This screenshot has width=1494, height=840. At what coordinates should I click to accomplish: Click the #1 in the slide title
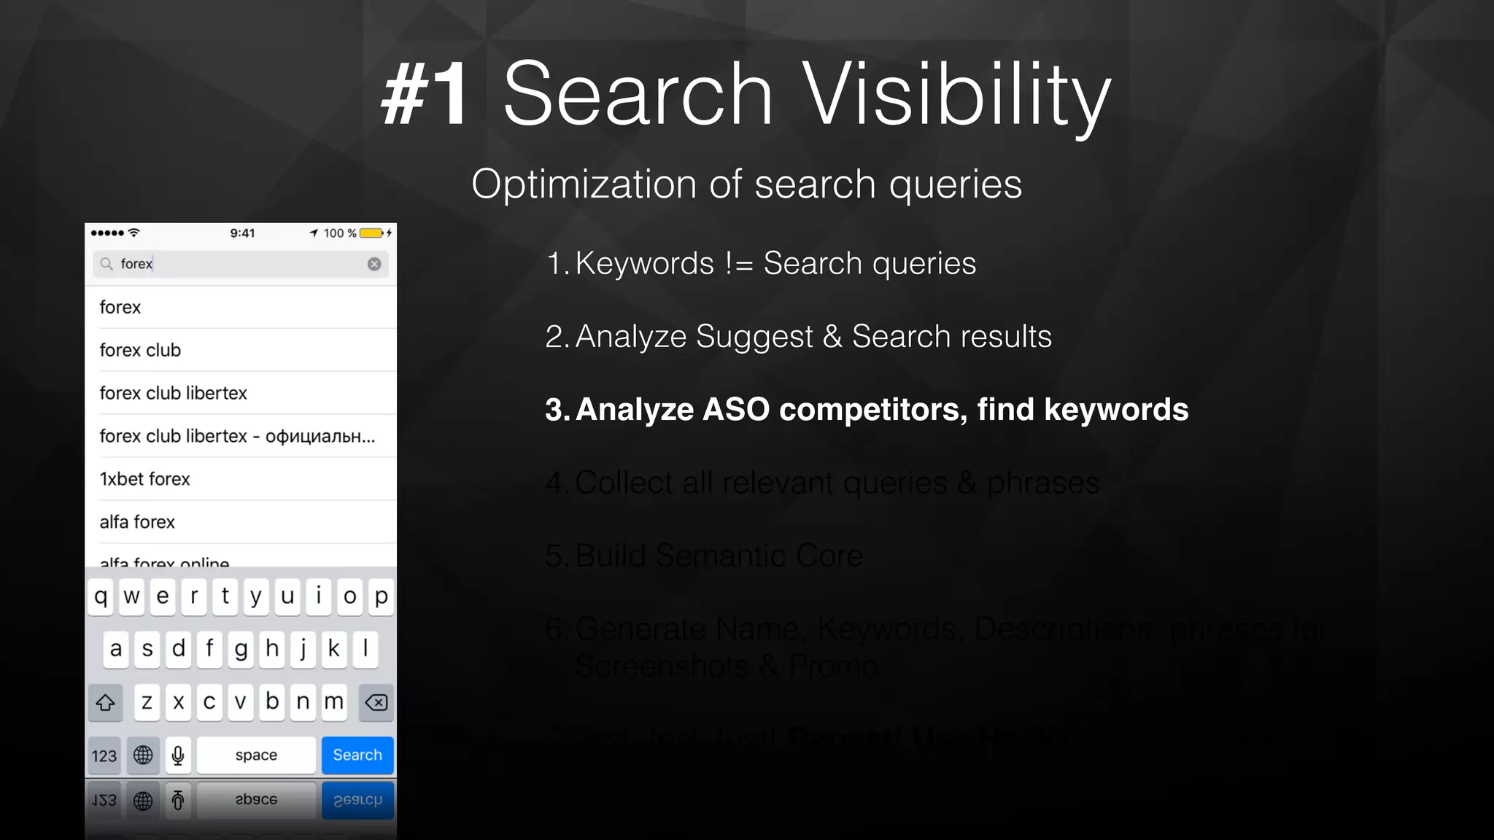(425, 95)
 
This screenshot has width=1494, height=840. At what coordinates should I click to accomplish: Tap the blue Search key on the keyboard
(357, 755)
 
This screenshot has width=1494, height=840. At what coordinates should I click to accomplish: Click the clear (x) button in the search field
(374, 264)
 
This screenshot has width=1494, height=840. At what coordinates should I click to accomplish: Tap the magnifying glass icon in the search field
(107, 264)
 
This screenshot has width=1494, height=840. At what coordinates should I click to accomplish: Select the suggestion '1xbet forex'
(144, 479)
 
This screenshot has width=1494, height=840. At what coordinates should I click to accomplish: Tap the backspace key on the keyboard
(376, 702)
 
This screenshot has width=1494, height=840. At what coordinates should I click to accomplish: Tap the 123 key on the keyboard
(104, 755)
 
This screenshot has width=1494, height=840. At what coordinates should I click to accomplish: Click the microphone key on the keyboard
(178, 755)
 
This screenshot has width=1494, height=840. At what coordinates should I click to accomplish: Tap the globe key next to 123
(143, 755)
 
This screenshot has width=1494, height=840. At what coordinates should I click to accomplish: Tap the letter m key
(334, 702)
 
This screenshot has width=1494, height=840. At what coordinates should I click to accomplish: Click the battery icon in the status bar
(371, 233)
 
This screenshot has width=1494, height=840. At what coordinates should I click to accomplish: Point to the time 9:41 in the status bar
(242, 233)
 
